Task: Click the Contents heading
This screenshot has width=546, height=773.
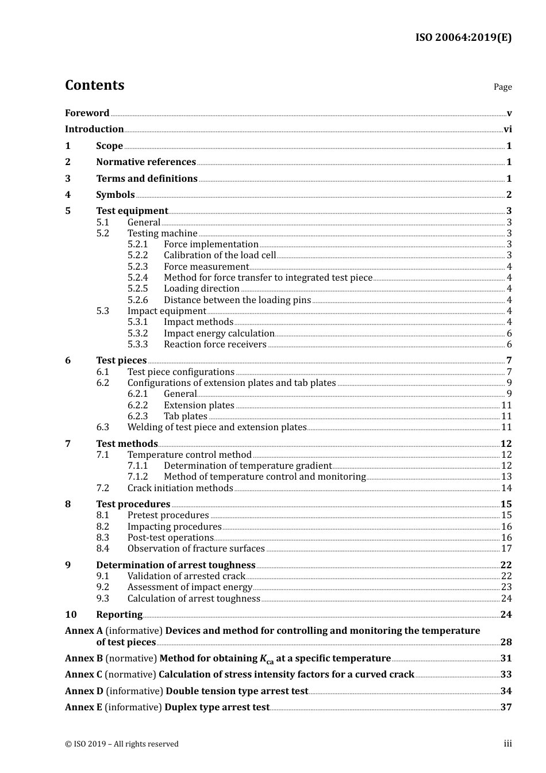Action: click(x=94, y=85)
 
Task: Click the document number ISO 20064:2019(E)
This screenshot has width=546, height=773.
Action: click(x=463, y=38)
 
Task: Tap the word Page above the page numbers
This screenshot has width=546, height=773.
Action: click(x=502, y=87)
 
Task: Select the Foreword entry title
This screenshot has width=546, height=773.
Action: click(x=87, y=113)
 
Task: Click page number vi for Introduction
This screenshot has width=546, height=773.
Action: click(x=507, y=129)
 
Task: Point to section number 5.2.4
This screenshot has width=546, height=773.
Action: click(x=137, y=278)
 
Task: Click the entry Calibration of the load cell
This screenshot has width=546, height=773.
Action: click(x=220, y=255)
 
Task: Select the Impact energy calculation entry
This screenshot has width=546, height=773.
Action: click(x=219, y=334)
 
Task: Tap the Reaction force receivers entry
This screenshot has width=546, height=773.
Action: click(x=215, y=345)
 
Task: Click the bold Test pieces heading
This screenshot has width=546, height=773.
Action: click(x=121, y=361)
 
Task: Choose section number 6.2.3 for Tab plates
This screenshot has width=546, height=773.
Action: click(x=137, y=416)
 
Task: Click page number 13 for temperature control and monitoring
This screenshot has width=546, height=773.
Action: click(x=506, y=477)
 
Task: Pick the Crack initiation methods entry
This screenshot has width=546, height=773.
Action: click(x=180, y=488)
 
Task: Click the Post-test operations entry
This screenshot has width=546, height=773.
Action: click(x=170, y=538)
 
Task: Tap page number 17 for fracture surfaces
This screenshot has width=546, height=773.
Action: click(x=506, y=549)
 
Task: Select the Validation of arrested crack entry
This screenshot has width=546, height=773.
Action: click(x=186, y=576)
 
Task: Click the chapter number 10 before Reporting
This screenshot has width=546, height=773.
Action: click(x=70, y=615)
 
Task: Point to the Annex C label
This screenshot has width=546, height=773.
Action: click(x=83, y=675)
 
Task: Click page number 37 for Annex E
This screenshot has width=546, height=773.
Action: click(x=506, y=707)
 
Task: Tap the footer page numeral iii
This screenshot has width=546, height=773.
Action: click(x=507, y=744)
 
